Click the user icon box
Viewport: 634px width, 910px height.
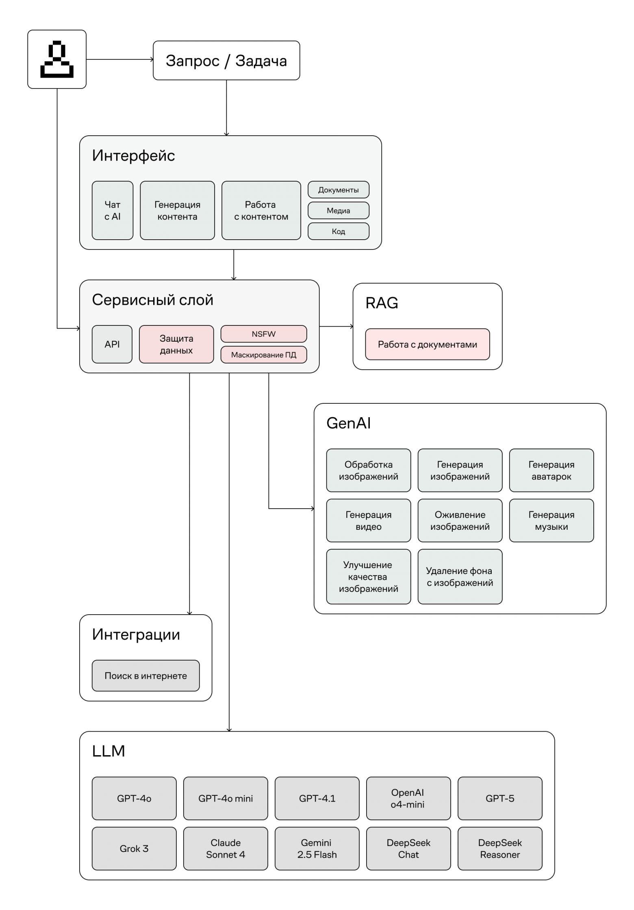pos(57,59)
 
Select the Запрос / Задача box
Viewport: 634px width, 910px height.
pos(226,61)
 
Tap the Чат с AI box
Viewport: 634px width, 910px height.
pos(113,210)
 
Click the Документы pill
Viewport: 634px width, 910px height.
pos(338,190)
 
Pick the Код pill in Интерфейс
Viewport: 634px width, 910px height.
pos(338,231)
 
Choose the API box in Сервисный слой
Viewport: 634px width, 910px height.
pos(112,344)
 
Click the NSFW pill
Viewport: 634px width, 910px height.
pos(263,334)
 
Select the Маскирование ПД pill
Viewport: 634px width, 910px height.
pos(263,355)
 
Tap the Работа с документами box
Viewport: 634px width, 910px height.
pos(427,344)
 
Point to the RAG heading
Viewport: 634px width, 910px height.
pos(382,303)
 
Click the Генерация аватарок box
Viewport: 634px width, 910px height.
pos(551,470)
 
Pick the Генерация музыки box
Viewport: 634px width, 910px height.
pos(551,520)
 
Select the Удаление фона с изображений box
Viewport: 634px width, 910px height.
pos(460,576)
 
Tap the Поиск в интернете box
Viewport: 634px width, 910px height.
pos(145,676)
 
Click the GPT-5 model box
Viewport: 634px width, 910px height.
pos(499,798)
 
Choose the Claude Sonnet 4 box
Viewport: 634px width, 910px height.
pos(226,848)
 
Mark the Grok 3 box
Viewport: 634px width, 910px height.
pos(134,848)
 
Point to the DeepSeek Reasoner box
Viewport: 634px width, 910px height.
pos(499,848)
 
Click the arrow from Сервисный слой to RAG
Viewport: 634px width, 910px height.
pos(336,326)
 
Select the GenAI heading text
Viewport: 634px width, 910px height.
pos(349,423)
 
